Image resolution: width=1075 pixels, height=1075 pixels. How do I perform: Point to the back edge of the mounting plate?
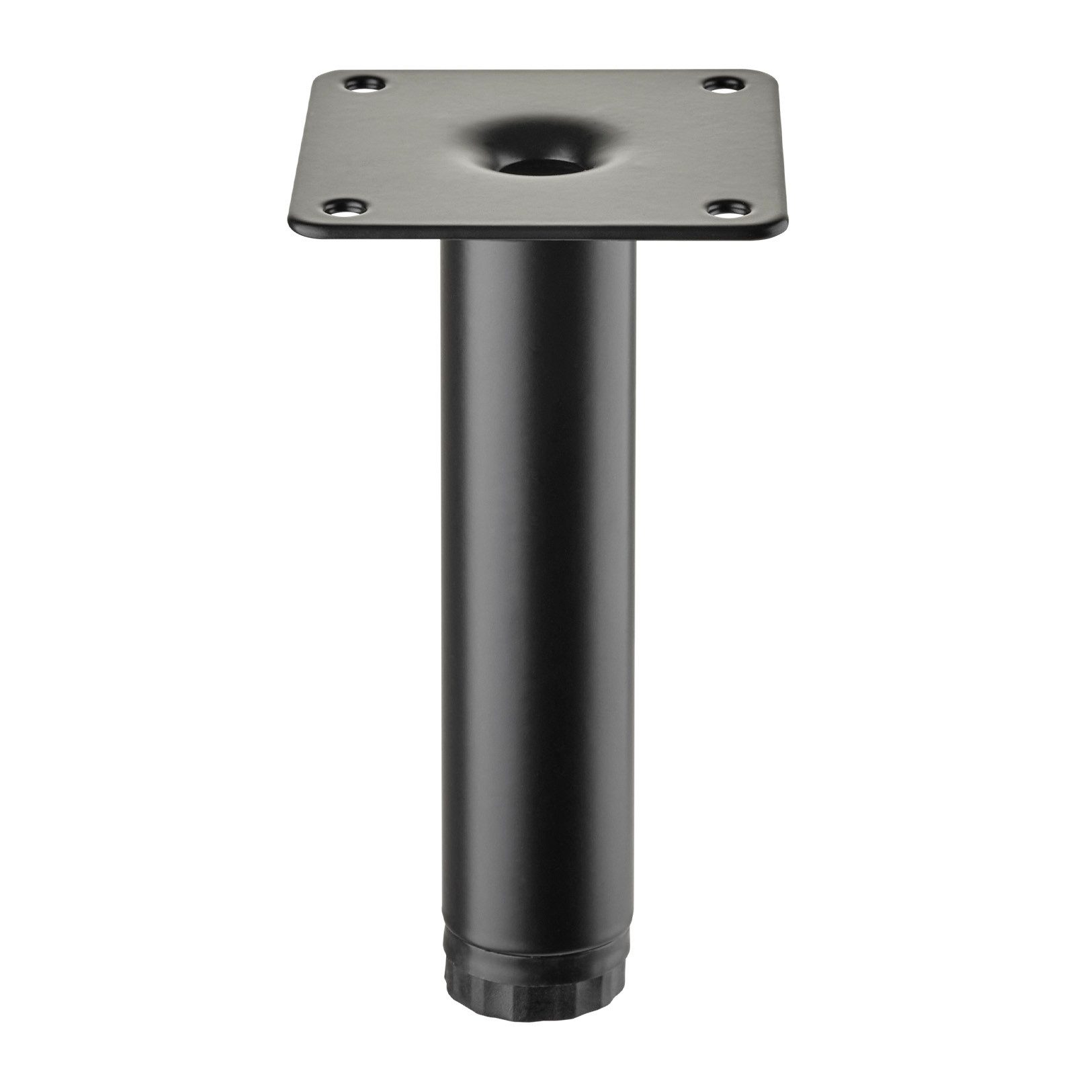coord(537,69)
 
